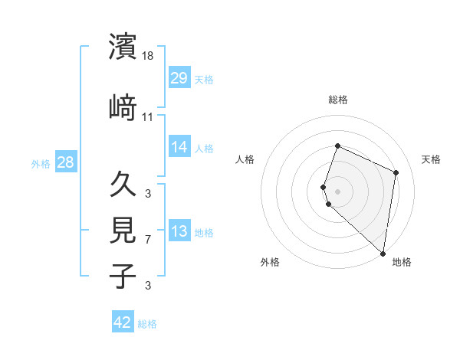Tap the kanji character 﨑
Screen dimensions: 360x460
click(123, 107)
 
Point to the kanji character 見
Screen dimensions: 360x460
click(123, 231)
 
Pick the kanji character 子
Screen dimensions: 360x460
click(123, 276)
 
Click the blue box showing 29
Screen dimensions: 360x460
click(179, 77)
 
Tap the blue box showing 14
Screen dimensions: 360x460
click(179, 147)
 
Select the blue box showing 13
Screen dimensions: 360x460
click(179, 232)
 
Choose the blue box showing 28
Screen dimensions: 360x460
click(65, 162)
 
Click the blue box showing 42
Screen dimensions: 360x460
click(123, 322)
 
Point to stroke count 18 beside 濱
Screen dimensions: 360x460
click(149, 56)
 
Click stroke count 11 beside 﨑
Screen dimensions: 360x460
click(148, 117)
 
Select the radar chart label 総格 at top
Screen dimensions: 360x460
click(338, 100)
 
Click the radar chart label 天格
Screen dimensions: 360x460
click(432, 159)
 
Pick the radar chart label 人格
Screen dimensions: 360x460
click(245, 159)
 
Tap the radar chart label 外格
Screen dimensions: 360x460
click(270, 262)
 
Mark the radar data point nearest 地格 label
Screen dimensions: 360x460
click(383, 254)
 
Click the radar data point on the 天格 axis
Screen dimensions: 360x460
click(396, 172)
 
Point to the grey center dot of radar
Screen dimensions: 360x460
click(338, 191)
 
